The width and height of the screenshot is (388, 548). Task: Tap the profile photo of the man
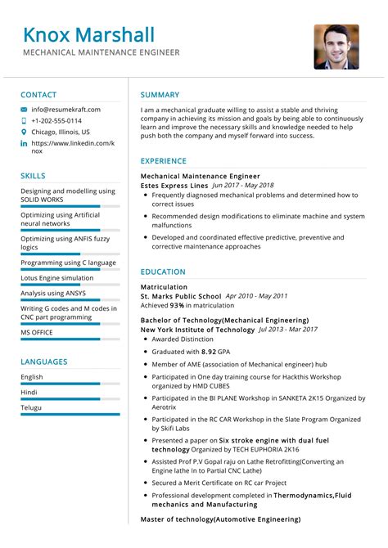(336, 47)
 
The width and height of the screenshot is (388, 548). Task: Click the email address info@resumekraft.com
(66, 109)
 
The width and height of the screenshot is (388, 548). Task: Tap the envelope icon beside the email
(24, 109)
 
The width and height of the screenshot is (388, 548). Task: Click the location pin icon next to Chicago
(24, 132)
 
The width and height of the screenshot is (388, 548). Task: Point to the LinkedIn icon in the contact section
(24, 143)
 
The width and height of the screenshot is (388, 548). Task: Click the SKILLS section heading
(34, 176)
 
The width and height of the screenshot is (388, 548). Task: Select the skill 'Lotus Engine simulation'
(57, 278)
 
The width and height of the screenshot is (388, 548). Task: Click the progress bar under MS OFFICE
(61, 339)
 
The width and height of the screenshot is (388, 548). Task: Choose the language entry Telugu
(32, 407)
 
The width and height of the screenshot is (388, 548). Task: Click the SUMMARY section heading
(160, 94)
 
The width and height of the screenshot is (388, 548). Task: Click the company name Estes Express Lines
(174, 186)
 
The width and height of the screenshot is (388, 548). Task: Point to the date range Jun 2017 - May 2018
(243, 186)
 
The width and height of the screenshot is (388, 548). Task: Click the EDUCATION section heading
(163, 272)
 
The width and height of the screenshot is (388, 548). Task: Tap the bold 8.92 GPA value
(214, 350)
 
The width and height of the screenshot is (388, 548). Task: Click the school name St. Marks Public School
(181, 296)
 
